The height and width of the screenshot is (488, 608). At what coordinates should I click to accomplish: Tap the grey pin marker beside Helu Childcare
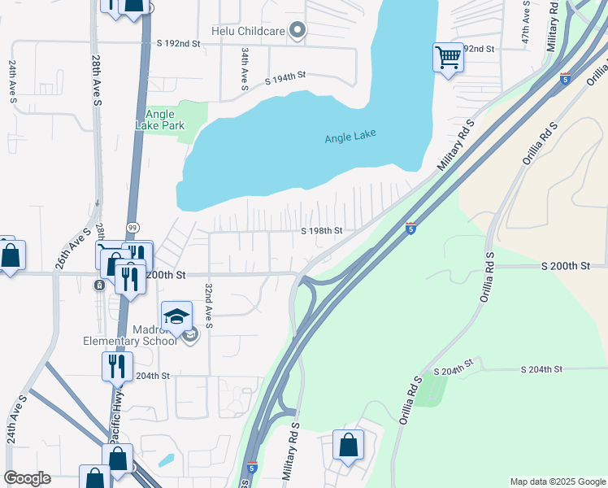click(297, 31)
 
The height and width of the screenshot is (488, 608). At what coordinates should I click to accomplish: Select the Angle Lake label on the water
click(350, 137)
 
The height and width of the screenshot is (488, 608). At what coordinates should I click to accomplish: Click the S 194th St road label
click(285, 78)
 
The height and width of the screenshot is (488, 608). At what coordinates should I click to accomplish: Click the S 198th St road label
click(322, 230)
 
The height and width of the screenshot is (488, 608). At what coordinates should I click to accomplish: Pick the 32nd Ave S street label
click(209, 306)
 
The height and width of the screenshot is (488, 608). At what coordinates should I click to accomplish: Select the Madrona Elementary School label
click(130, 336)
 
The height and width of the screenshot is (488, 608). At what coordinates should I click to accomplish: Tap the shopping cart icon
click(448, 58)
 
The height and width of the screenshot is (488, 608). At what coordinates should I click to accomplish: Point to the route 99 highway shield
click(132, 227)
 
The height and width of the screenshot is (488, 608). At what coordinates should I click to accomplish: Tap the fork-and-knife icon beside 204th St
click(117, 366)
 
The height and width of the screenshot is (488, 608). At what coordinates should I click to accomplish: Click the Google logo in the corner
click(27, 478)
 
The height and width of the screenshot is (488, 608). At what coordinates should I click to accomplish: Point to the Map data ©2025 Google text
click(557, 481)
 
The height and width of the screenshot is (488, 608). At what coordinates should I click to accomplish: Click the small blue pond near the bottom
click(166, 459)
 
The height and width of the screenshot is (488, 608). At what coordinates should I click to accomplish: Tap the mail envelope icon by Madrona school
click(189, 335)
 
